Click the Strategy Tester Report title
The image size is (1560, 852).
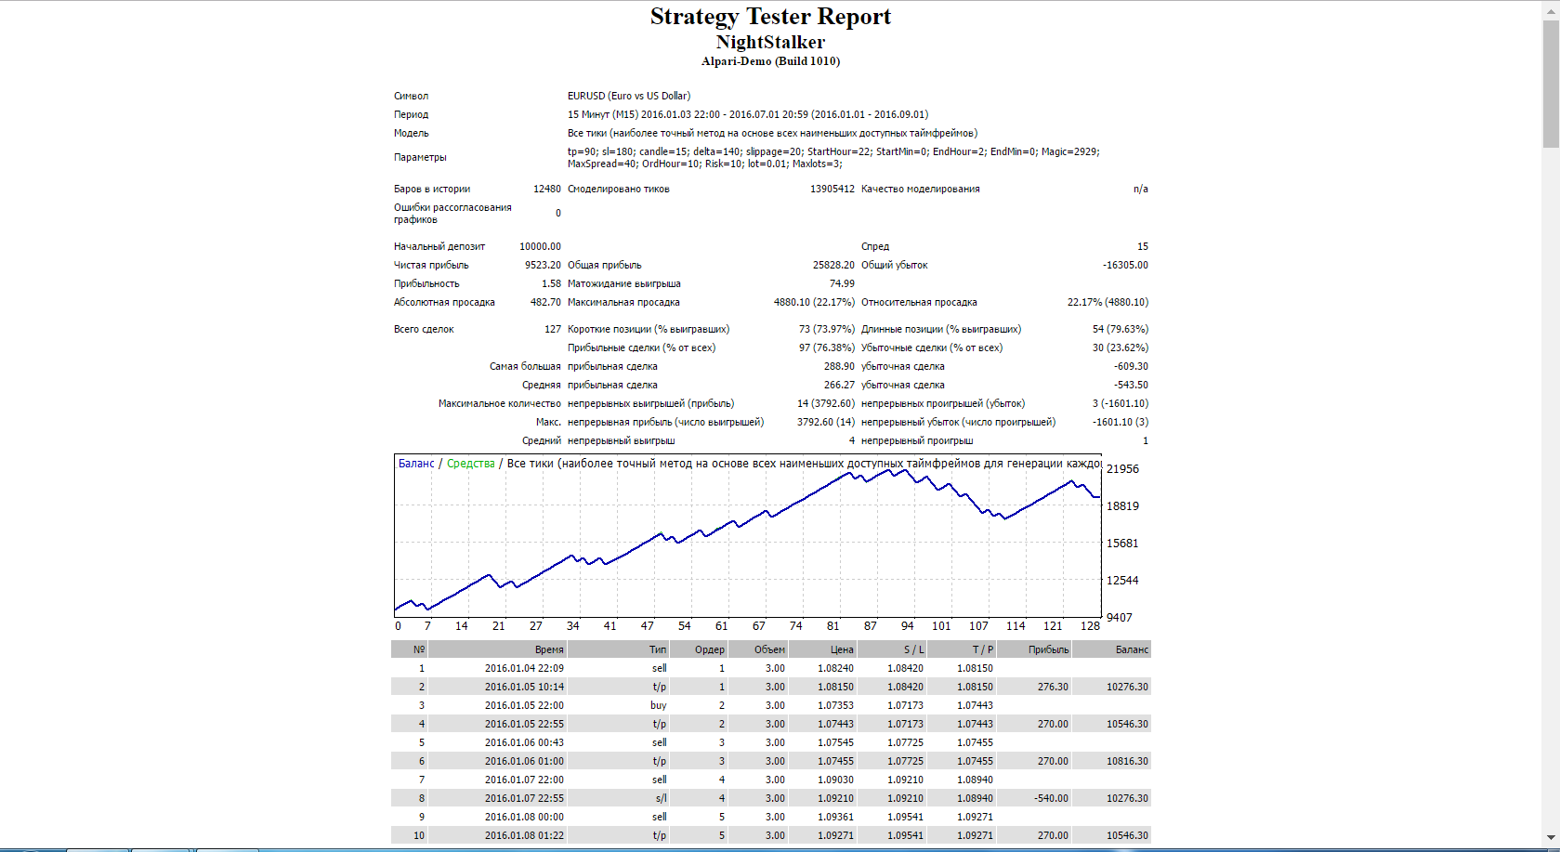tap(770, 17)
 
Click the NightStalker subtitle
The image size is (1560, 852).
tap(770, 42)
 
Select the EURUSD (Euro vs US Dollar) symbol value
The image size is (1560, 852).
tap(629, 96)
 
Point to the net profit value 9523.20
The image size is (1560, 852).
tap(543, 265)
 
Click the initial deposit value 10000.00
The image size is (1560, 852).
tap(540, 246)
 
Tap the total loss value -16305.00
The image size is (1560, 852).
tap(1125, 265)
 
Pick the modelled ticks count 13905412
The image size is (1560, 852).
tap(832, 189)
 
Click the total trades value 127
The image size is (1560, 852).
tap(553, 329)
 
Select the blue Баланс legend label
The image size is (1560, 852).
tap(416, 464)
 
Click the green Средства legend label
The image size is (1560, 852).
tap(470, 464)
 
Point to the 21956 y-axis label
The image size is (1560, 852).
tap(1122, 469)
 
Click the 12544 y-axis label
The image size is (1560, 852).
tap(1122, 581)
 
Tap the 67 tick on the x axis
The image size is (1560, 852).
tap(759, 626)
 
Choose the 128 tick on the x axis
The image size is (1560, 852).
tap(1090, 626)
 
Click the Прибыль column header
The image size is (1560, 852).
tap(1048, 649)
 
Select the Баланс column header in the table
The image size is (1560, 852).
tap(1132, 649)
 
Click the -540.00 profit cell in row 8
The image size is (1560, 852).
tap(1051, 798)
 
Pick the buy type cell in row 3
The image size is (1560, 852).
tap(659, 705)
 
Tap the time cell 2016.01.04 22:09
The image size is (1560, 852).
tap(524, 668)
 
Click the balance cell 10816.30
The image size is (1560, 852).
tap(1127, 761)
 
